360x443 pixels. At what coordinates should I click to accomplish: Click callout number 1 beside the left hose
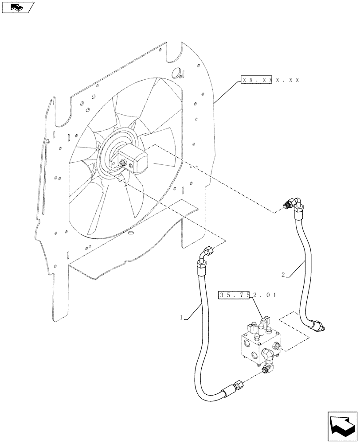181,317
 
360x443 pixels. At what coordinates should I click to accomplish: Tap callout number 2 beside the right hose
282,275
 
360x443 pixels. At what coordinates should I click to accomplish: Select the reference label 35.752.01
247,295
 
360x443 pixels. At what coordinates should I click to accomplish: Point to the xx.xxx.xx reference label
270,80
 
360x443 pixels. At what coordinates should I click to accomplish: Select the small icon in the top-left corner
17,7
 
